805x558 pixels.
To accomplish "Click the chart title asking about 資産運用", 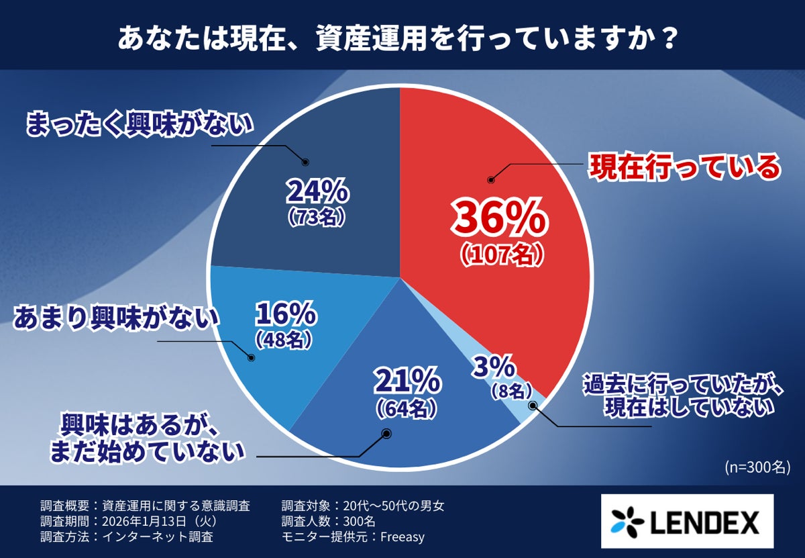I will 396,38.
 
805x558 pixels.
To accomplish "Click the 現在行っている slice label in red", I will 684,167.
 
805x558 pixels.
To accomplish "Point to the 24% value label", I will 317,193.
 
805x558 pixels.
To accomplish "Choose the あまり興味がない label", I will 117,317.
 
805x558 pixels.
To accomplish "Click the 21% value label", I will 407,382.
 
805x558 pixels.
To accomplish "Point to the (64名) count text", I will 407,407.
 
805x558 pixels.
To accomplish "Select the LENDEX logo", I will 686,521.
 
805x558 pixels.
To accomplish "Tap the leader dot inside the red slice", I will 490,180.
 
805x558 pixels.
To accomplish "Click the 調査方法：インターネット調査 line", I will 127,537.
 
